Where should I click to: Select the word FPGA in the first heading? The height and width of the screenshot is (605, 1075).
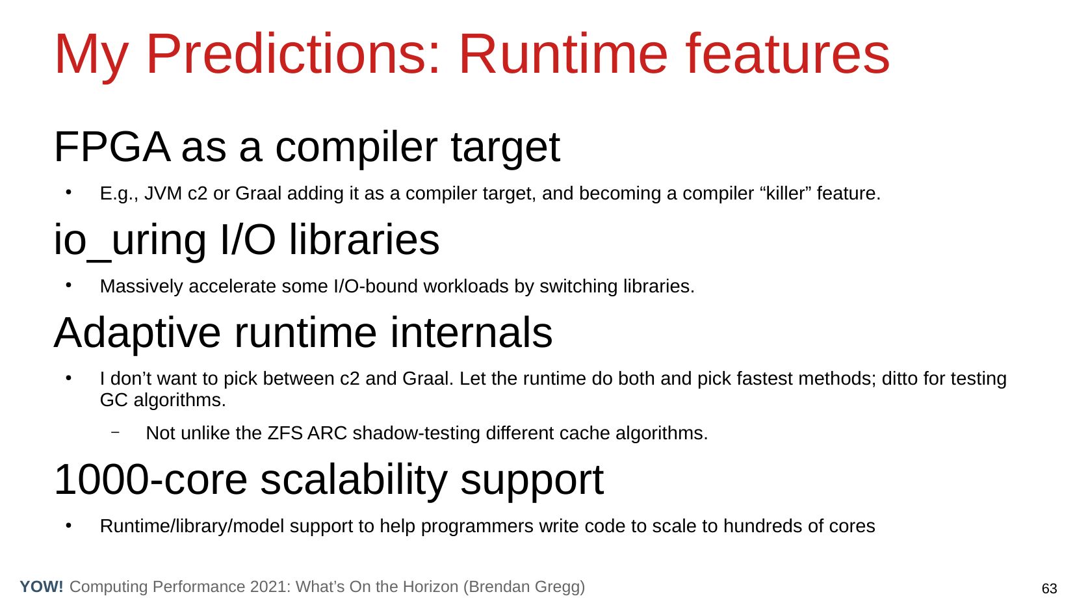tap(112, 147)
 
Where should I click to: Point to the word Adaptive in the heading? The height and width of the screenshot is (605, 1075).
tap(137, 333)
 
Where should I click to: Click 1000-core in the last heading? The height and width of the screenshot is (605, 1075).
tap(151, 480)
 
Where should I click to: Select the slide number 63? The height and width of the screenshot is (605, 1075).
tap(1049, 589)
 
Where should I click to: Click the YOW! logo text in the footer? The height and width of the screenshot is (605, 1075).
tap(42, 587)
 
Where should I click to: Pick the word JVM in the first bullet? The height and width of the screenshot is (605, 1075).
tap(162, 194)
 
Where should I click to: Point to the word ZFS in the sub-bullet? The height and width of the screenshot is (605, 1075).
tap(285, 433)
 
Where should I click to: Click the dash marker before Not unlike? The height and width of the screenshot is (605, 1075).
tap(115, 432)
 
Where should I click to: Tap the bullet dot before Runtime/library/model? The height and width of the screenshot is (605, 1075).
tap(69, 526)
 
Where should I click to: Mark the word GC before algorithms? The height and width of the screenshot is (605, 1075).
tap(114, 400)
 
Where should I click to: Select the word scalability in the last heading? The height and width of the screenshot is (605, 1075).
tap(354, 481)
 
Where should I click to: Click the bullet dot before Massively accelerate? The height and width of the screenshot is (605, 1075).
tap(69, 286)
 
